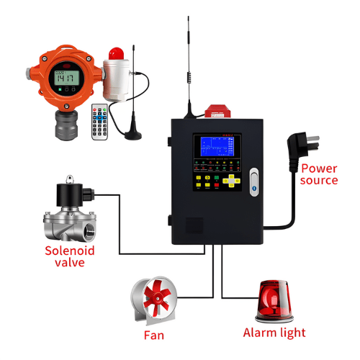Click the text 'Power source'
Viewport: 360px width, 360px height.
point(320,174)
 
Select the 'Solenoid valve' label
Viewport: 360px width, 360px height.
point(70,256)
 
